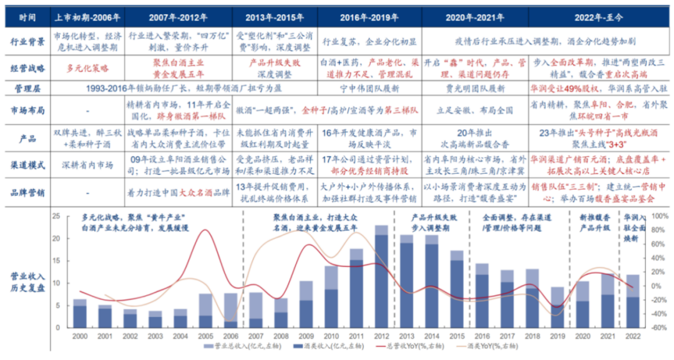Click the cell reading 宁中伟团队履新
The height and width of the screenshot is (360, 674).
click(x=364, y=89)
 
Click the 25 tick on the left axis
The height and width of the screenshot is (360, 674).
click(x=56, y=216)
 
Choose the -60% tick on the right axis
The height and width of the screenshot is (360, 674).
click(x=657, y=327)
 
